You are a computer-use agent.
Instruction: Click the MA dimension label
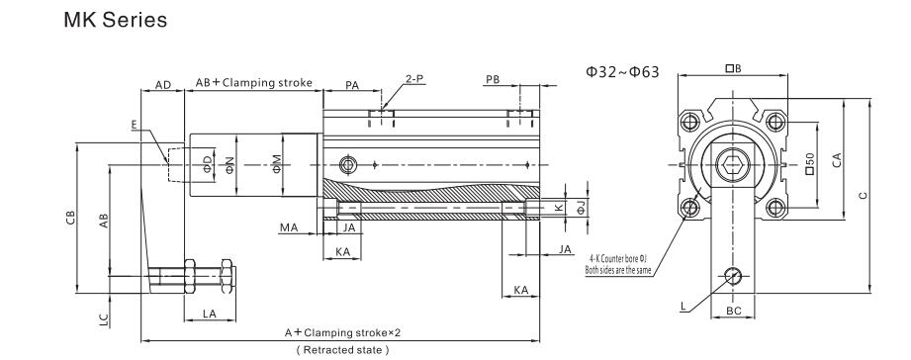(289, 227)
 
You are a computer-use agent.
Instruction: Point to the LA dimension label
(208, 313)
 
